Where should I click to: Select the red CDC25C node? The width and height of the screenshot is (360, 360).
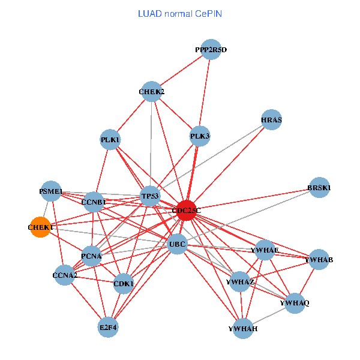click(x=187, y=210)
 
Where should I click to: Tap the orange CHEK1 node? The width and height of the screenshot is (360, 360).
click(x=40, y=227)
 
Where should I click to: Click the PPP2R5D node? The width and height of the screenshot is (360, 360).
click(x=211, y=49)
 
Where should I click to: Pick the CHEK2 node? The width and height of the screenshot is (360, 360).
click(x=152, y=92)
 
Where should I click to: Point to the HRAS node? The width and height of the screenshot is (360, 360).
click(x=272, y=119)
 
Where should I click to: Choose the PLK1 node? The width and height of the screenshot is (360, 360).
click(x=110, y=140)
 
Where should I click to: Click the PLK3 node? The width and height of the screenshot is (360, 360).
click(x=200, y=136)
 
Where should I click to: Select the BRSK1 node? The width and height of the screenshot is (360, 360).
click(x=319, y=188)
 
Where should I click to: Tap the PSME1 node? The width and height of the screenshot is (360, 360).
click(x=51, y=191)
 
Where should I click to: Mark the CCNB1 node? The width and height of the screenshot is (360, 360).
click(x=94, y=202)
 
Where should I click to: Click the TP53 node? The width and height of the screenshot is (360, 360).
click(x=150, y=196)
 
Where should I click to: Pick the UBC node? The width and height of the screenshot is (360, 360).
click(x=178, y=244)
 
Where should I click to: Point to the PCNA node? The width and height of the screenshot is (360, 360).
click(x=91, y=256)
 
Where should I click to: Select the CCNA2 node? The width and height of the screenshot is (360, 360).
click(x=65, y=276)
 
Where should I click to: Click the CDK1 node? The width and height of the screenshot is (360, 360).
click(x=124, y=283)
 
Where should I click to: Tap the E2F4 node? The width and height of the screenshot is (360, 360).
click(x=109, y=327)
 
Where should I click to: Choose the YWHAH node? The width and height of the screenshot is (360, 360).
click(x=243, y=328)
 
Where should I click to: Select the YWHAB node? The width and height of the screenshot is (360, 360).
click(x=319, y=260)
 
